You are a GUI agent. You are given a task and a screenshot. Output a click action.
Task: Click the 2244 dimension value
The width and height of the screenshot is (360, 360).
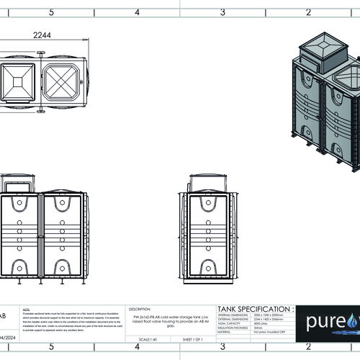[46, 35]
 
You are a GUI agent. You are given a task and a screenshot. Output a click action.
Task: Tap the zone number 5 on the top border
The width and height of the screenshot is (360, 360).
[50, 12]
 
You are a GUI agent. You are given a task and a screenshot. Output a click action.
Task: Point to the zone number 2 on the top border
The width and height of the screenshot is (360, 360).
[308, 12]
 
